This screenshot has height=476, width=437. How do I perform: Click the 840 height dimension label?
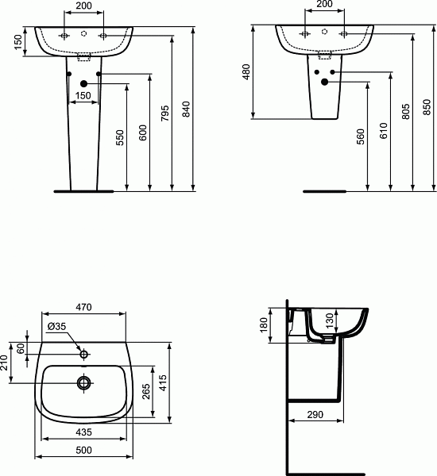point(186,109)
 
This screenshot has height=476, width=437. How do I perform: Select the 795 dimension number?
point(164,113)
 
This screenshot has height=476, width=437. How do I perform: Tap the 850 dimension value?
point(427,107)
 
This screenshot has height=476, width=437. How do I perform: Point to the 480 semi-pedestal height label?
point(246,72)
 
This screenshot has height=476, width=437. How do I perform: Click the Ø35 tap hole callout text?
point(57,326)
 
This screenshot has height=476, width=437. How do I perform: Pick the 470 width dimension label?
point(83,307)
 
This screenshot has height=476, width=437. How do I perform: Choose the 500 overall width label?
point(83,450)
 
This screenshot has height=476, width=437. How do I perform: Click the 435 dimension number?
point(83,432)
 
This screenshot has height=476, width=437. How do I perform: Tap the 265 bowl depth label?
point(146,392)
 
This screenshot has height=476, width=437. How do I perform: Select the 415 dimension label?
point(163,383)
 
